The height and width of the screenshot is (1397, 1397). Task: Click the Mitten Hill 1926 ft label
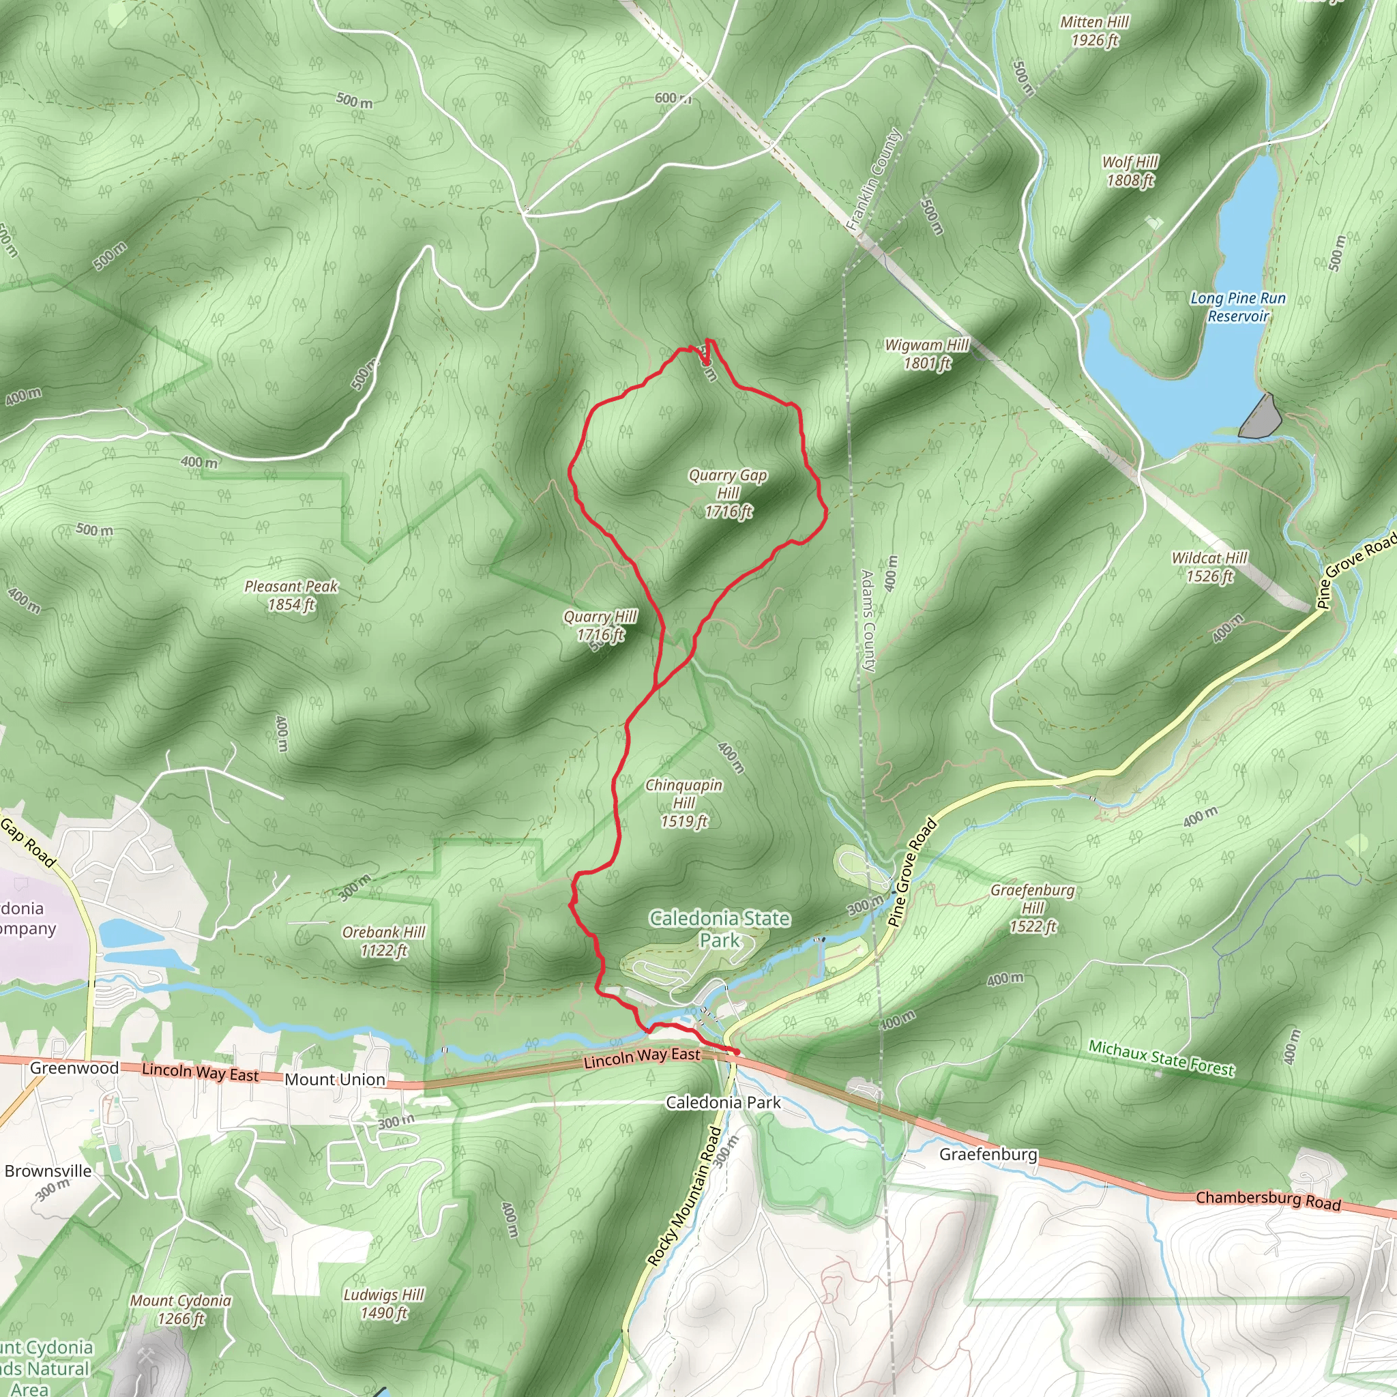pos(1094,31)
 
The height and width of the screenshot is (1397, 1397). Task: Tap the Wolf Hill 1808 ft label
pos(1130,171)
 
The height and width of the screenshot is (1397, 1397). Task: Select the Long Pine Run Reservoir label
pos(1238,306)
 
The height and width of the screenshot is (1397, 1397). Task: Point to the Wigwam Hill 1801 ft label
pos(927,354)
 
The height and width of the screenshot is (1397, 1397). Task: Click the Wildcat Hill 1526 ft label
pos(1209,567)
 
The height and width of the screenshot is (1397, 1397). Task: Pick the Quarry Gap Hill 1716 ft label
pos(728,493)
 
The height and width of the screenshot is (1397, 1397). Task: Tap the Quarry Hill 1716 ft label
pos(600,626)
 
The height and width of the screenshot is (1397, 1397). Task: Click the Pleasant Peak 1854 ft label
pos(291,595)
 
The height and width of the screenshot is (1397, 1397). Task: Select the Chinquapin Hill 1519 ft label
pos(683,803)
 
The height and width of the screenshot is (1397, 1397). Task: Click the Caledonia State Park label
pos(720,929)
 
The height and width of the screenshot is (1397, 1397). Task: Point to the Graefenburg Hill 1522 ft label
pos(1033,907)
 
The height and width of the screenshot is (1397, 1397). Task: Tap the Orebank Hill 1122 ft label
pos(384,941)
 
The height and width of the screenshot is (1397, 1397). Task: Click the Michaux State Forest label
pos(1161,1058)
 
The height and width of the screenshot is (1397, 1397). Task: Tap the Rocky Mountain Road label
pos(684,1196)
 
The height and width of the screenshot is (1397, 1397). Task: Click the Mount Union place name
pos(335,1080)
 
